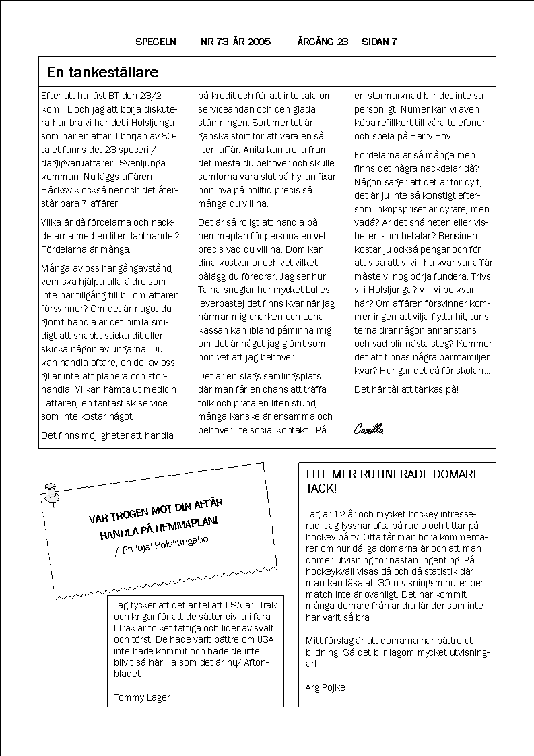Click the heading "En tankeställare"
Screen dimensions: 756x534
(102, 73)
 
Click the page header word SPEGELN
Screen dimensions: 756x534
(156, 42)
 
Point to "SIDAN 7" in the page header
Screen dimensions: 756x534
(379, 42)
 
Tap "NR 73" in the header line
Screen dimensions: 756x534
(215, 42)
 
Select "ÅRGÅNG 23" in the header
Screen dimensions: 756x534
(323, 42)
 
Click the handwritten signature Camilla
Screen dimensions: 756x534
(368, 429)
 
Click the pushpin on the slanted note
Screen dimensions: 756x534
(51, 493)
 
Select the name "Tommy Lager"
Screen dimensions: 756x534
(142, 697)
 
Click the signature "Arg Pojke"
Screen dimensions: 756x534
(325, 687)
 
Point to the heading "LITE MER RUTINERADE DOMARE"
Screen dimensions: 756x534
(393, 474)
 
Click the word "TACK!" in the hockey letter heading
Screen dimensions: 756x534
(321, 489)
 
